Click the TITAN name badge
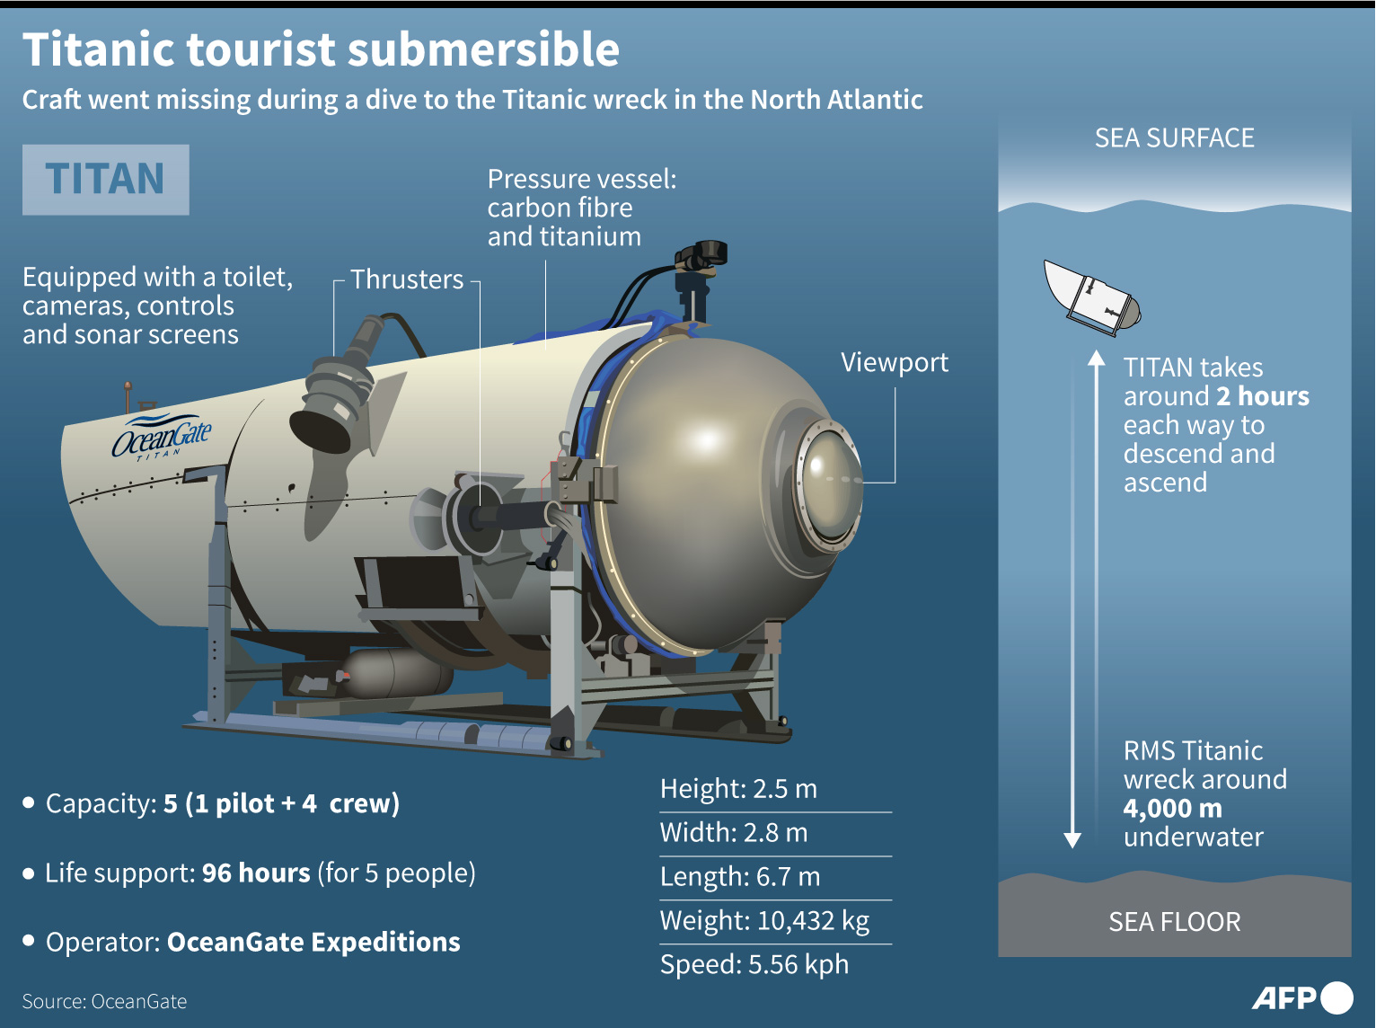click(105, 179)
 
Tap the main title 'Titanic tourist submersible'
click(321, 49)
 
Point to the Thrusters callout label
click(407, 279)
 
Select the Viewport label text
click(894, 362)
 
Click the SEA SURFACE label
click(1174, 138)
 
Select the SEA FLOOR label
click(1174, 922)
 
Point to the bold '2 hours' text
click(1262, 396)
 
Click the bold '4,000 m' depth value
click(1172, 809)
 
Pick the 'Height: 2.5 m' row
click(738, 789)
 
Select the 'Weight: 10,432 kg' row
click(764, 921)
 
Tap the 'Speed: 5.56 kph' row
click(754, 965)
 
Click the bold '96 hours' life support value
click(256, 873)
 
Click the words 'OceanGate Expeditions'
click(313, 943)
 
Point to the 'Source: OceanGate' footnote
click(104, 1002)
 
